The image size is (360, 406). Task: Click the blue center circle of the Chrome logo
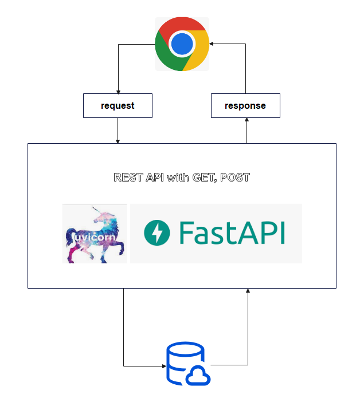coord(182,44)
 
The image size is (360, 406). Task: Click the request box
coord(118,106)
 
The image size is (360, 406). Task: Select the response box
coord(245,106)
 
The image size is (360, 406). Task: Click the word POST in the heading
coord(236,178)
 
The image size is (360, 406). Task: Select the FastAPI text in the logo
coord(232,233)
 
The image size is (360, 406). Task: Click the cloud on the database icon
coord(198,375)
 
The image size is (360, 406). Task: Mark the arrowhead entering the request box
coord(118,91)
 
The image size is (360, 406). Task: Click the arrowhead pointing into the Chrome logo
coord(212,44)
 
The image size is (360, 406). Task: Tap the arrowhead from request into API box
coord(118,141)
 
